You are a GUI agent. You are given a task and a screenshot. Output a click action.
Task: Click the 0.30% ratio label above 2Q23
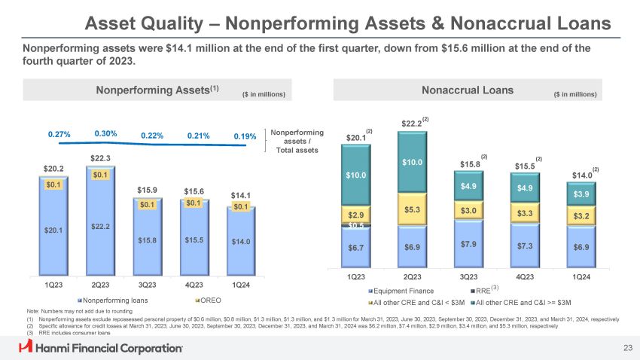pos(105,133)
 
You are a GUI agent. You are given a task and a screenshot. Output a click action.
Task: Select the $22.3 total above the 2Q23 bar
pos(101,158)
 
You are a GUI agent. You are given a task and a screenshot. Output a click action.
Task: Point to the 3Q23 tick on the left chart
pos(148,285)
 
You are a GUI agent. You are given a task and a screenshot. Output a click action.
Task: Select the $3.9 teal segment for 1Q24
pos(581,195)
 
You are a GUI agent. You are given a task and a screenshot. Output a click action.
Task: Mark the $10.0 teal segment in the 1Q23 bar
pos(355,175)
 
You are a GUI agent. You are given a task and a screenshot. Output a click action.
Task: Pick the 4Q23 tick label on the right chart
pos(525,276)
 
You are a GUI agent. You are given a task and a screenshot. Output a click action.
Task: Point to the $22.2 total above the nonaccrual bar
pos(411,124)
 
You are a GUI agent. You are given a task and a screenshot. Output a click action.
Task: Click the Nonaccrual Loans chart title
pos(468,90)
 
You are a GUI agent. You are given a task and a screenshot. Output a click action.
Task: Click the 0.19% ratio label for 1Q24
pos(245,137)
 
